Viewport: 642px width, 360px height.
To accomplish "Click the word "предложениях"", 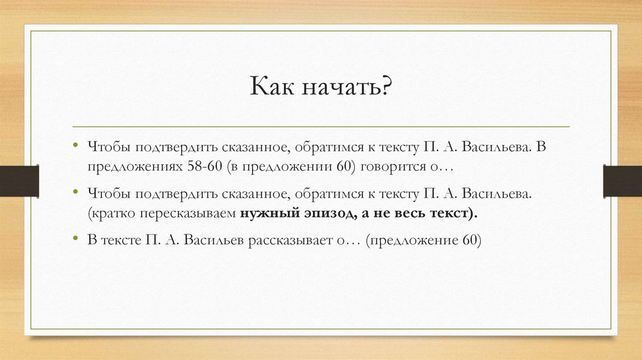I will point(135,167).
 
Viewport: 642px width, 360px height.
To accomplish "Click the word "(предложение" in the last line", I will point(408,240).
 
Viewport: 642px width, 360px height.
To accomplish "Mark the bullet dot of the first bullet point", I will point(75,146).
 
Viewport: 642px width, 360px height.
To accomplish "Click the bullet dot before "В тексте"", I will point(75,239).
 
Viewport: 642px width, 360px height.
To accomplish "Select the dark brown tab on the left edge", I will point(19,180).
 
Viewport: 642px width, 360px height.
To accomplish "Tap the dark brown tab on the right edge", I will point(622,180).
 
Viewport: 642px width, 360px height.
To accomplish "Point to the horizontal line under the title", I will point(321,127).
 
